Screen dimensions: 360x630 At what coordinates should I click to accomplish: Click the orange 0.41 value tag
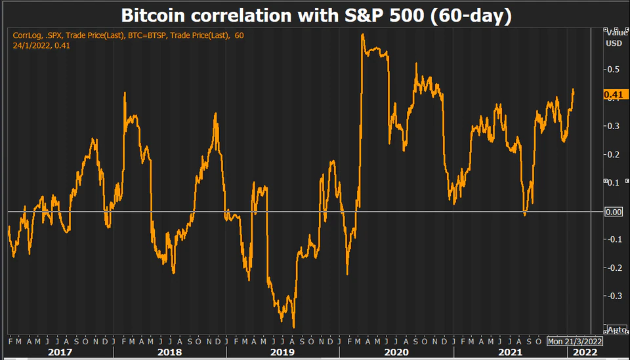(x=613, y=94)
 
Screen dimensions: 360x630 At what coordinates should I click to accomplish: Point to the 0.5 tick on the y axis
(x=612, y=69)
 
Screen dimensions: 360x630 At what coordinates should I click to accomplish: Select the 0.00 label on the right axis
(x=613, y=211)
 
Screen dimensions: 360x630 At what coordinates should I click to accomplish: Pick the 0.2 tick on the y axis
(x=612, y=154)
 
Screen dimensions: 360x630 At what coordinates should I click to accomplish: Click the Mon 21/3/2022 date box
(x=575, y=342)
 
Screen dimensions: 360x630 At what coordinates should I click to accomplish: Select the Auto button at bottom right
(x=617, y=329)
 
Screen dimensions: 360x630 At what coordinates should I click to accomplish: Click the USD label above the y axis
(x=614, y=43)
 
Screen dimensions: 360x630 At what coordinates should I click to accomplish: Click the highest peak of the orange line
(x=363, y=35)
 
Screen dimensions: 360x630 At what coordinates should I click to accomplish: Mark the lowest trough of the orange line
(x=293, y=327)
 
